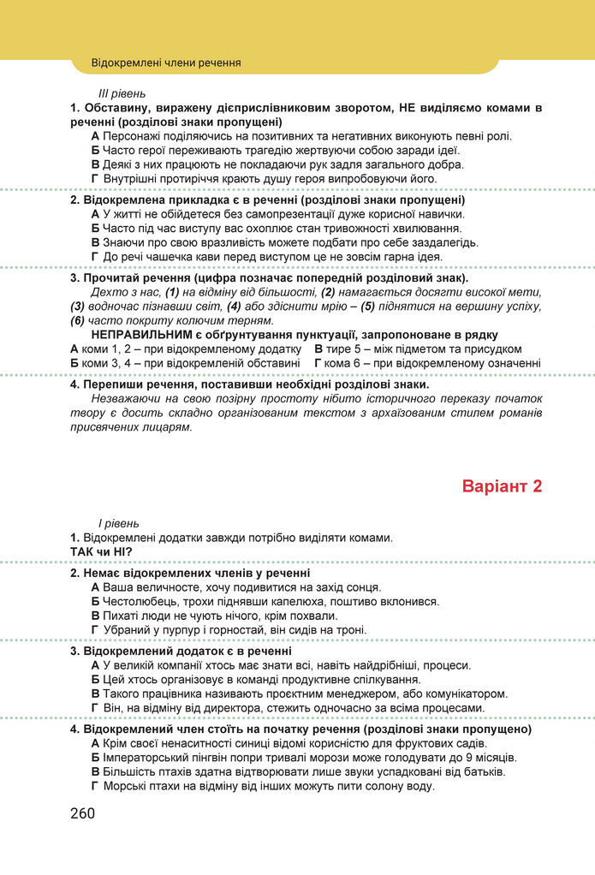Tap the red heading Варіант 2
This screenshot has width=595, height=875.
pyautogui.click(x=503, y=487)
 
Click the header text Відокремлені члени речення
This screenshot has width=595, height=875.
pyautogui.click(x=165, y=62)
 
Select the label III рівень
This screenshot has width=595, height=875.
pyautogui.click(x=122, y=92)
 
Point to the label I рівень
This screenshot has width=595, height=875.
pyautogui.click(x=119, y=523)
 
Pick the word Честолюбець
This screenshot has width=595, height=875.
pyautogui.click(x=139, y=601)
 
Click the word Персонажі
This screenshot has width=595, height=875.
pyautogui.click(x=134, y=136)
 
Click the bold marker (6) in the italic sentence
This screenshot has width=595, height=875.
pyautogui.click(x=78, y=320)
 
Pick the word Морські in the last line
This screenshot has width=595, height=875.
pyautogui.click(x=125, y=786)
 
